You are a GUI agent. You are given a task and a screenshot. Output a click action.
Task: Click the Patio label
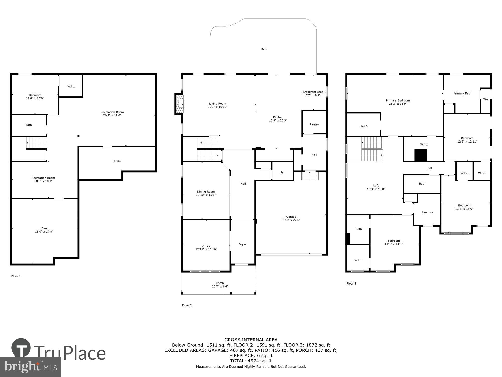coord(265,49)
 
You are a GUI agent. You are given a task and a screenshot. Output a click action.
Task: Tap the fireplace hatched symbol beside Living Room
coord(179,104)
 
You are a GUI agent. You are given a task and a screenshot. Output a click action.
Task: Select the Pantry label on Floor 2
coord(314,124)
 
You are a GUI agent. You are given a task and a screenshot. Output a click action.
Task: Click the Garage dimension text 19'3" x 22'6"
coord(291,220)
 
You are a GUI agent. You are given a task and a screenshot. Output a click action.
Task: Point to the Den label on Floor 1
coord(44,228)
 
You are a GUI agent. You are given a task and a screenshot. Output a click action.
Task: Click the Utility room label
coord(117,161)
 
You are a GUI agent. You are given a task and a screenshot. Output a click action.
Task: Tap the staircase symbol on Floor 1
coord(37,143)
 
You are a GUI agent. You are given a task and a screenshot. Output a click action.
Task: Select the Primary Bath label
coord(462,93)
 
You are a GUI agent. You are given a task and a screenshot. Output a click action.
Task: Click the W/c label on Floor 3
coord(486,99)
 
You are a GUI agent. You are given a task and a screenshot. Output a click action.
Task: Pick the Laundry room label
coord(427,212)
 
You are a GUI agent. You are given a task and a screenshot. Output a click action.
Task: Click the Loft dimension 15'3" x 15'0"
coord(376,189)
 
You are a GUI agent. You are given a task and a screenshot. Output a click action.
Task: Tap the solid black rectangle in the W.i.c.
coord(421,155)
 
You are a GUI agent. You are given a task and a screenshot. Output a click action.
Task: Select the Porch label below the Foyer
coord(220,283)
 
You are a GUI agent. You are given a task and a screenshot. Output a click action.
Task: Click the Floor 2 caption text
coord(187,305)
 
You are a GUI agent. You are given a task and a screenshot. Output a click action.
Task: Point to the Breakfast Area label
coord(313,92)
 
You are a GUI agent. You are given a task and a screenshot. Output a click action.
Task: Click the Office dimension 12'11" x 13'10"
coord(206,249)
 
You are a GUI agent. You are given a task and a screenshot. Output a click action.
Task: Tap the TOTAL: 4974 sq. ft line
coord(251,361)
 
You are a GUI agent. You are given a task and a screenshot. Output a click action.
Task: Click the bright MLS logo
coord(31,367)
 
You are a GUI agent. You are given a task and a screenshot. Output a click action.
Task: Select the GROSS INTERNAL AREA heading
coord(251,340)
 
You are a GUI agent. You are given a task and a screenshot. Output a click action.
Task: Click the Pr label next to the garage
coord(282,172)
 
